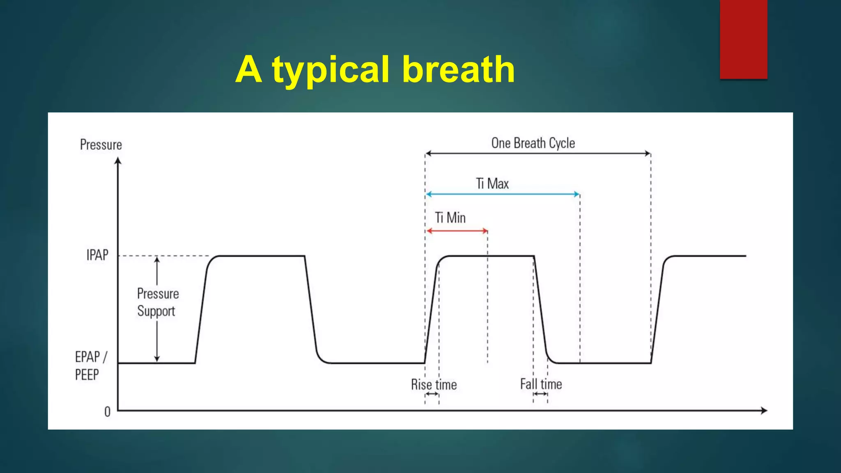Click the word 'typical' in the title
330,71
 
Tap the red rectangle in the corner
743,39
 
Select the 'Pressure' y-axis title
101,145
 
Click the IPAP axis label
97,255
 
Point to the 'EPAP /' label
91,357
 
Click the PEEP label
87,374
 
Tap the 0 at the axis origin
107,412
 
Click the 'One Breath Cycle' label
533,143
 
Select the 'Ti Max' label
492,184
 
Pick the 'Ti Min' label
450,218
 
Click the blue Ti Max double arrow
503,194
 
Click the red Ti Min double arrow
457,231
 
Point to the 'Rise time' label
434,385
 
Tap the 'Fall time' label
541,384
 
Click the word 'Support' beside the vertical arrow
156,311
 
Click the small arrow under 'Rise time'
432,394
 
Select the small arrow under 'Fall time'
540,394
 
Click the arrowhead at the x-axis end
764,410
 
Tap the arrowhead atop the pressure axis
118,161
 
